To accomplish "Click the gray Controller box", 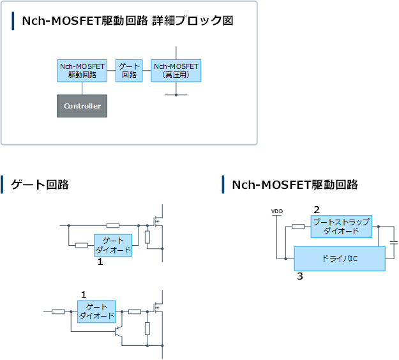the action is pyautogui.click(x=82, y=106).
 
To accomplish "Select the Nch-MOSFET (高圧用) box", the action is pyautogui.click(x=176, y=71).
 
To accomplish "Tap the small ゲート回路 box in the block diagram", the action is pyautogui.click(x=129, y=71).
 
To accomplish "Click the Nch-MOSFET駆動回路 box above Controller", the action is pyautogui.click(x=82, y=71).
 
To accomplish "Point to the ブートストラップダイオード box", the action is pyautogui.click(x=342, y=227).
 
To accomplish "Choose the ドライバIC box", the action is pyautogui.click(x=340, y=259).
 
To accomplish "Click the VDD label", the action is pyautogui.click(x=277, y=211).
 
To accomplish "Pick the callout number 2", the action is pyautogui.click(x=317, y=210).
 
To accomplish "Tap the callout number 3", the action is pyautogui.click(x=300, y=276).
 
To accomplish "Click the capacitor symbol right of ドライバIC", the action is pyautogui.click(x=394, y=243).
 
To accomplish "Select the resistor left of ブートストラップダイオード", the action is pyautogui.click(x=298, y=227).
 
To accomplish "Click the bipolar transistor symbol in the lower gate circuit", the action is pyautogui.click(x=118, y=331).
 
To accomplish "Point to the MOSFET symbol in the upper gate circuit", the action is pyautogui.click(x=158, y=222).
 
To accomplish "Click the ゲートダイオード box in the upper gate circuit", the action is pyautogui.click(x=113, y=245).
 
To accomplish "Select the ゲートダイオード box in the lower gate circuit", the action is pyautogui.click(x=96, y=311).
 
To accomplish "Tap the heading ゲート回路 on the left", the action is pyautogui.click(x=40, y=184).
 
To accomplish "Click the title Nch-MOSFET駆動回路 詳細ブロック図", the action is pyautogui.click(x=128, y=21).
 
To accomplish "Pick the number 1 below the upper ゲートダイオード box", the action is pyautogui.click(x=100, y=262).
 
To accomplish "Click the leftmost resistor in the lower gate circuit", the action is pyautogui.click(x=58, y=311).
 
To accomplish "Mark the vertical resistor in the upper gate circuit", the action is pyautogui.click(x=147, y=237).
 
